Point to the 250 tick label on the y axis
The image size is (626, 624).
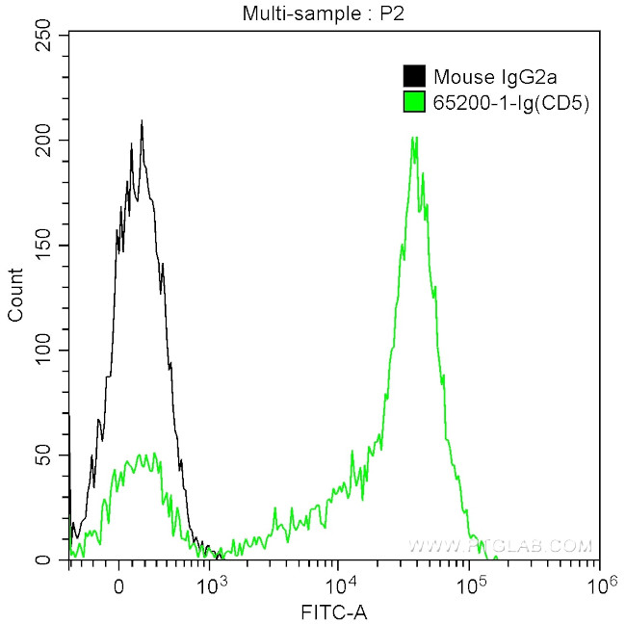coord(42,35)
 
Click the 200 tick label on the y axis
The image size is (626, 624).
coord(42,140)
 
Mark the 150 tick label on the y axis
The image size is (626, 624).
coord(42,245)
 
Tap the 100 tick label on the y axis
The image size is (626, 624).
coord(42,350)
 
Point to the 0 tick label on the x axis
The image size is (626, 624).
coord(118,584)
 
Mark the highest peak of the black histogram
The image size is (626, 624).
coord(142,122)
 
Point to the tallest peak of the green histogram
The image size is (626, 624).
coord(414,137)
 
